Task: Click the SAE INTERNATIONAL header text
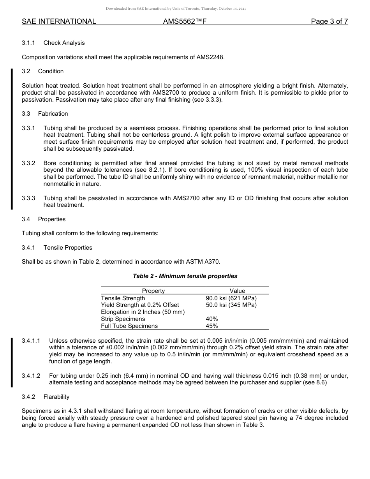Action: [x=59, y=21]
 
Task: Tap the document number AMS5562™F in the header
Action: [x=185, y=21]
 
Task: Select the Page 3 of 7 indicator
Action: [x=329, y=21]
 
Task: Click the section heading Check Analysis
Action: [x=64, y=43]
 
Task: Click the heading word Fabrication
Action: [x=53, y=114]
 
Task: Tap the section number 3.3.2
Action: [x=28, y=163]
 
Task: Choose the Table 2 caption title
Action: [x=185, y=276]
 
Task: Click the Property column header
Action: [x=153, y=291]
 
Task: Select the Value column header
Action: [x=237, y=291]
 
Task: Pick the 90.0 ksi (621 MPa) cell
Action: [x=231, y=298]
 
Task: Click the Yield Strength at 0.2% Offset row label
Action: [x=140, y=305]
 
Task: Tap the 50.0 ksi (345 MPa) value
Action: [x=231, y=305]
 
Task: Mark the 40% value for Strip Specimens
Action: [x=212, y=319]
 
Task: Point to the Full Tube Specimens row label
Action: [x=129, y=326]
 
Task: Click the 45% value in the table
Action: [x=212, y=326]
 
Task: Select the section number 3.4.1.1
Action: [x=31, y=341]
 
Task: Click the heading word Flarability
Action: [x=56, y=397]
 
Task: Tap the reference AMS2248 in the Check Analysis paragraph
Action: [x=210, y=57]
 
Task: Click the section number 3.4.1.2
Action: [x=31, y=376]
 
